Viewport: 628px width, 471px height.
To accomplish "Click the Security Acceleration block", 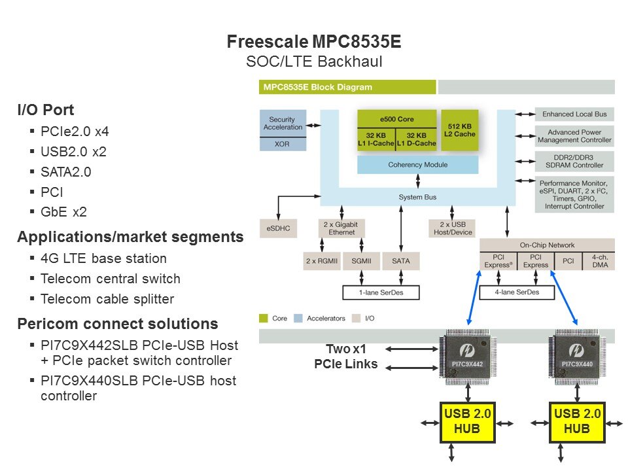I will (x=283, y=124).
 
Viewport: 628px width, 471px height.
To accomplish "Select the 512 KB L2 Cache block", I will (x=460, y=130).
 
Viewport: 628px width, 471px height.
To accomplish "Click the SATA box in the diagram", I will (x=400, y=260).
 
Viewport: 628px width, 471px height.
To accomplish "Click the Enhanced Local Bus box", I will (x=574, y=114).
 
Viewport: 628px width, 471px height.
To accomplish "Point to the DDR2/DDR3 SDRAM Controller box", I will (x=574, y=161).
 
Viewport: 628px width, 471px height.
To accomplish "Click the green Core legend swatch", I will (x=264, y=319).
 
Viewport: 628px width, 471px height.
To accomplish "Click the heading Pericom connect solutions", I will (x=118, y=324).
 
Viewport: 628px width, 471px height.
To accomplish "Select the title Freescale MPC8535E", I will (x=314, y=43).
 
